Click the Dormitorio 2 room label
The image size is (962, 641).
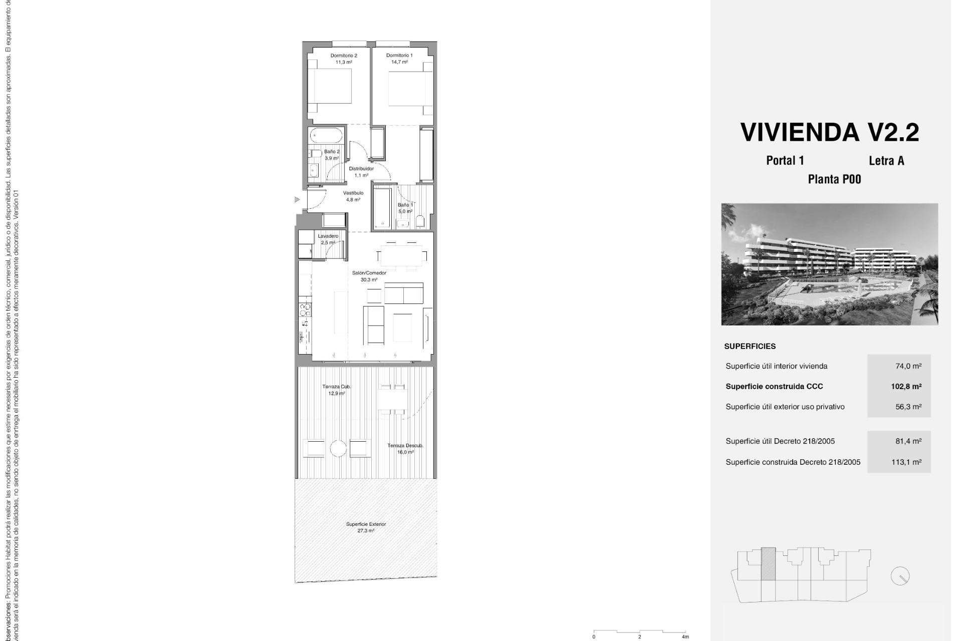coord(343,56)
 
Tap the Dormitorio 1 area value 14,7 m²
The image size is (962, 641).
coord(399,62)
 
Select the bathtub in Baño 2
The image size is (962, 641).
coord(326,135)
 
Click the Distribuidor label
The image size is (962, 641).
coord(361,169)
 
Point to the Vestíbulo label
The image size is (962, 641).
coord(353,193)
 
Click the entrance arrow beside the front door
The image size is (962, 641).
coord(297,200)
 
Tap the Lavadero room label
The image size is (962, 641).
coord(328,236)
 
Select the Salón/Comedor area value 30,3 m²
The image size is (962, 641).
coord(369,280)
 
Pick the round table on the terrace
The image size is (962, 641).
coord(338,448)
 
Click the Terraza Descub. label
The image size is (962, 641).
coord(405,446)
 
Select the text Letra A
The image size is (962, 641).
coord(886,161)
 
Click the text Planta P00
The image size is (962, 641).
coord(834,179)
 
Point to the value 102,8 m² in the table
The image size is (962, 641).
coord(906,387)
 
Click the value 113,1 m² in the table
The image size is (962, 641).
coord(906,462)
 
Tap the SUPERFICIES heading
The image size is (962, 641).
coord(750,347)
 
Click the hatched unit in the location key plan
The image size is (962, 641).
coord(768,564)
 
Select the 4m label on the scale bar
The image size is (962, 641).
coord(685,637)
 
